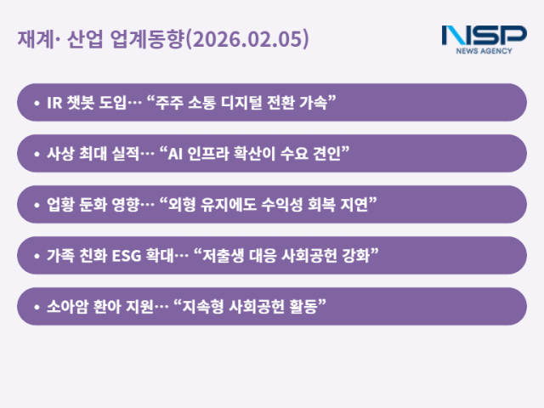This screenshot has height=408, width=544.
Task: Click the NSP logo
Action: pos(484,36)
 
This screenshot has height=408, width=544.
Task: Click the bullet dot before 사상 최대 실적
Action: pos(37,154)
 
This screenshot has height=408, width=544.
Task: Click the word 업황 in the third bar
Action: pos(62,205)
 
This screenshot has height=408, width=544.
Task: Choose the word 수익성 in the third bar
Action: pos(278,205)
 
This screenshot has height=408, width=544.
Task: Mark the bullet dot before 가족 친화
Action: pos(37,256)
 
